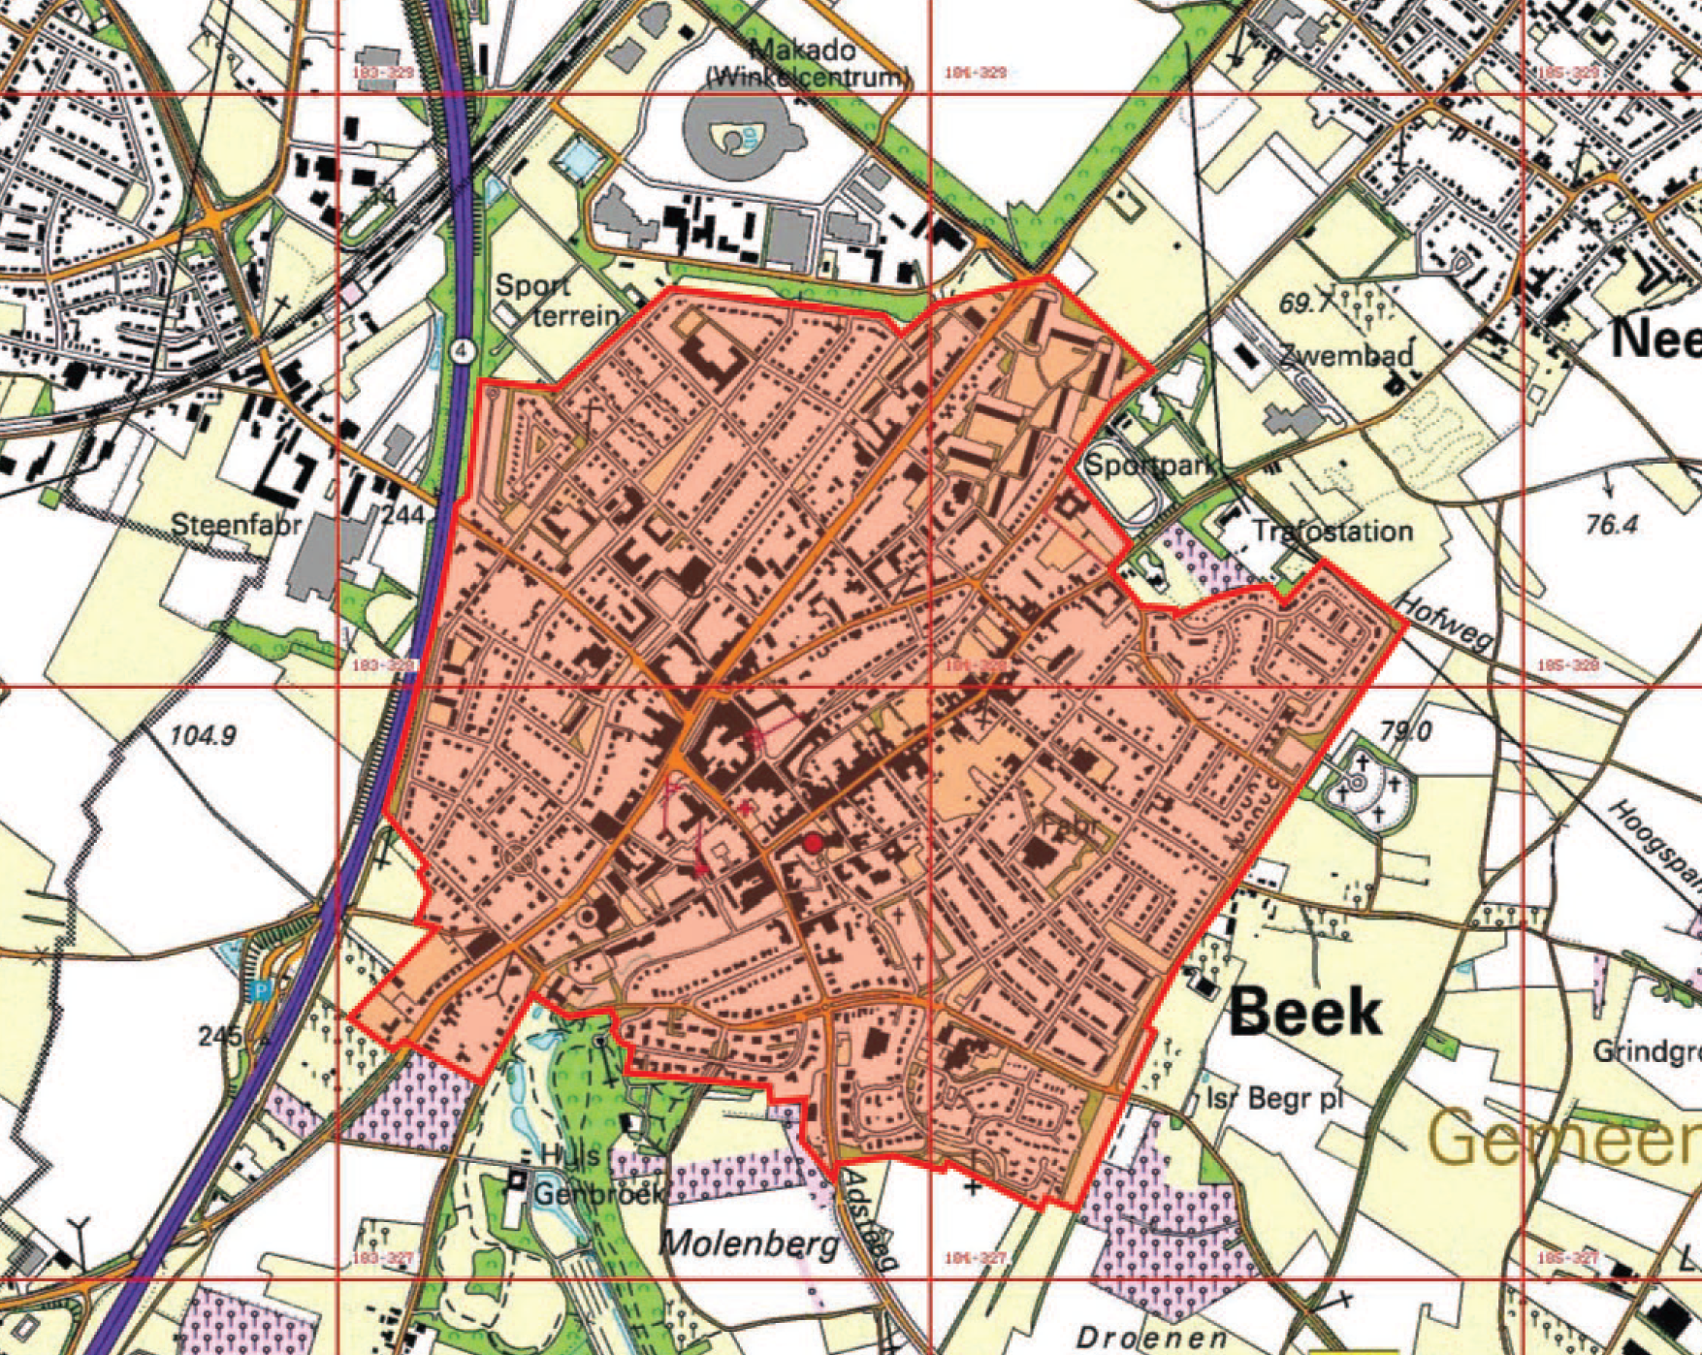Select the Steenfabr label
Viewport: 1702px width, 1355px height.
click(236, 525)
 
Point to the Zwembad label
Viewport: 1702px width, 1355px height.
click(1346, 354)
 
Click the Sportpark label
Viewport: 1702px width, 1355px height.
click(1150, 465)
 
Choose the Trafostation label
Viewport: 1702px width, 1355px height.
click(1332, 531)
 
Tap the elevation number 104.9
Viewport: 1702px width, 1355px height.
click(203, 736)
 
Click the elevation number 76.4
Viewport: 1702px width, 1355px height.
click(1611, 525)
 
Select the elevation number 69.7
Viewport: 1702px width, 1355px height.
click(1305, 303)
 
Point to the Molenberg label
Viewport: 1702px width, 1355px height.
click(749, 1242)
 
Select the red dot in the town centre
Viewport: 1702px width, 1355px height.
click(813, 844)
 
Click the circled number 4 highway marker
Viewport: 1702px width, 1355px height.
click(464, 349)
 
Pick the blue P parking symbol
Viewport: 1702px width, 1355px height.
click(259, 991)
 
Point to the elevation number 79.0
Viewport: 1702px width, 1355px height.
click(1405, 729)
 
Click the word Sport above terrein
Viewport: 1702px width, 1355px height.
click(532, 286)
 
